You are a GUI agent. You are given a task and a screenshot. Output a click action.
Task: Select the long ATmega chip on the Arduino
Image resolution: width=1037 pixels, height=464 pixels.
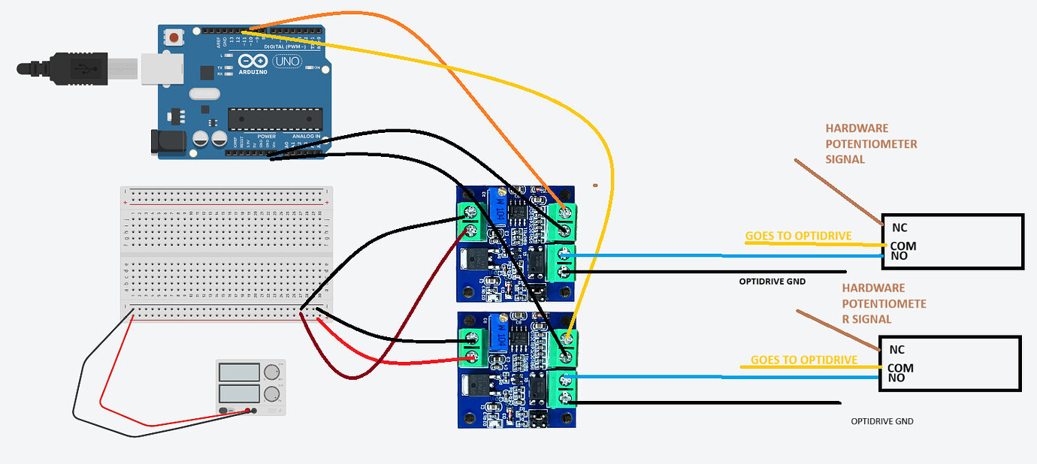275,118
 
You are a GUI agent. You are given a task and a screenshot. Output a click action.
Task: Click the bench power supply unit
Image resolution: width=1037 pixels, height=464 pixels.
251,387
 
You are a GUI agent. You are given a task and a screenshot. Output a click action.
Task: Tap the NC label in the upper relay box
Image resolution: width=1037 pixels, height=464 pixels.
899,227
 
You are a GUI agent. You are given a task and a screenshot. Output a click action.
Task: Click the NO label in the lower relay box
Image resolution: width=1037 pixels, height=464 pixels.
896,378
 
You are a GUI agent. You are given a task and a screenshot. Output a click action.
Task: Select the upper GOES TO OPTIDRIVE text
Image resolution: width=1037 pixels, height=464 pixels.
798,236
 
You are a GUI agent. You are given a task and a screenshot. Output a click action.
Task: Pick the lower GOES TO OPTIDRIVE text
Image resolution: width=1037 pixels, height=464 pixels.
804,360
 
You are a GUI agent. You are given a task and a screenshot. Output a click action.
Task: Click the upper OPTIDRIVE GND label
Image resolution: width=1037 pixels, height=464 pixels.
772,282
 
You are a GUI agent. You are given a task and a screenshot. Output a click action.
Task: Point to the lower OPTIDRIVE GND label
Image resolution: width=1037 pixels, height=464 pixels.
882,421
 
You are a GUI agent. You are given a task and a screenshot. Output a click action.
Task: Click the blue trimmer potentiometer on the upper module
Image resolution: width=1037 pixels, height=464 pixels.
497,206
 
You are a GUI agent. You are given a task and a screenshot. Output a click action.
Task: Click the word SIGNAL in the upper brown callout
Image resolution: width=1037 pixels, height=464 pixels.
845,159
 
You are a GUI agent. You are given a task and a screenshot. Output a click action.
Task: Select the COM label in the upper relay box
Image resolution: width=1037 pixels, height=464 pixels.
902,246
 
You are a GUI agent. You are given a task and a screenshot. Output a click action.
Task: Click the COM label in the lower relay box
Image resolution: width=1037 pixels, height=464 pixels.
900,368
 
